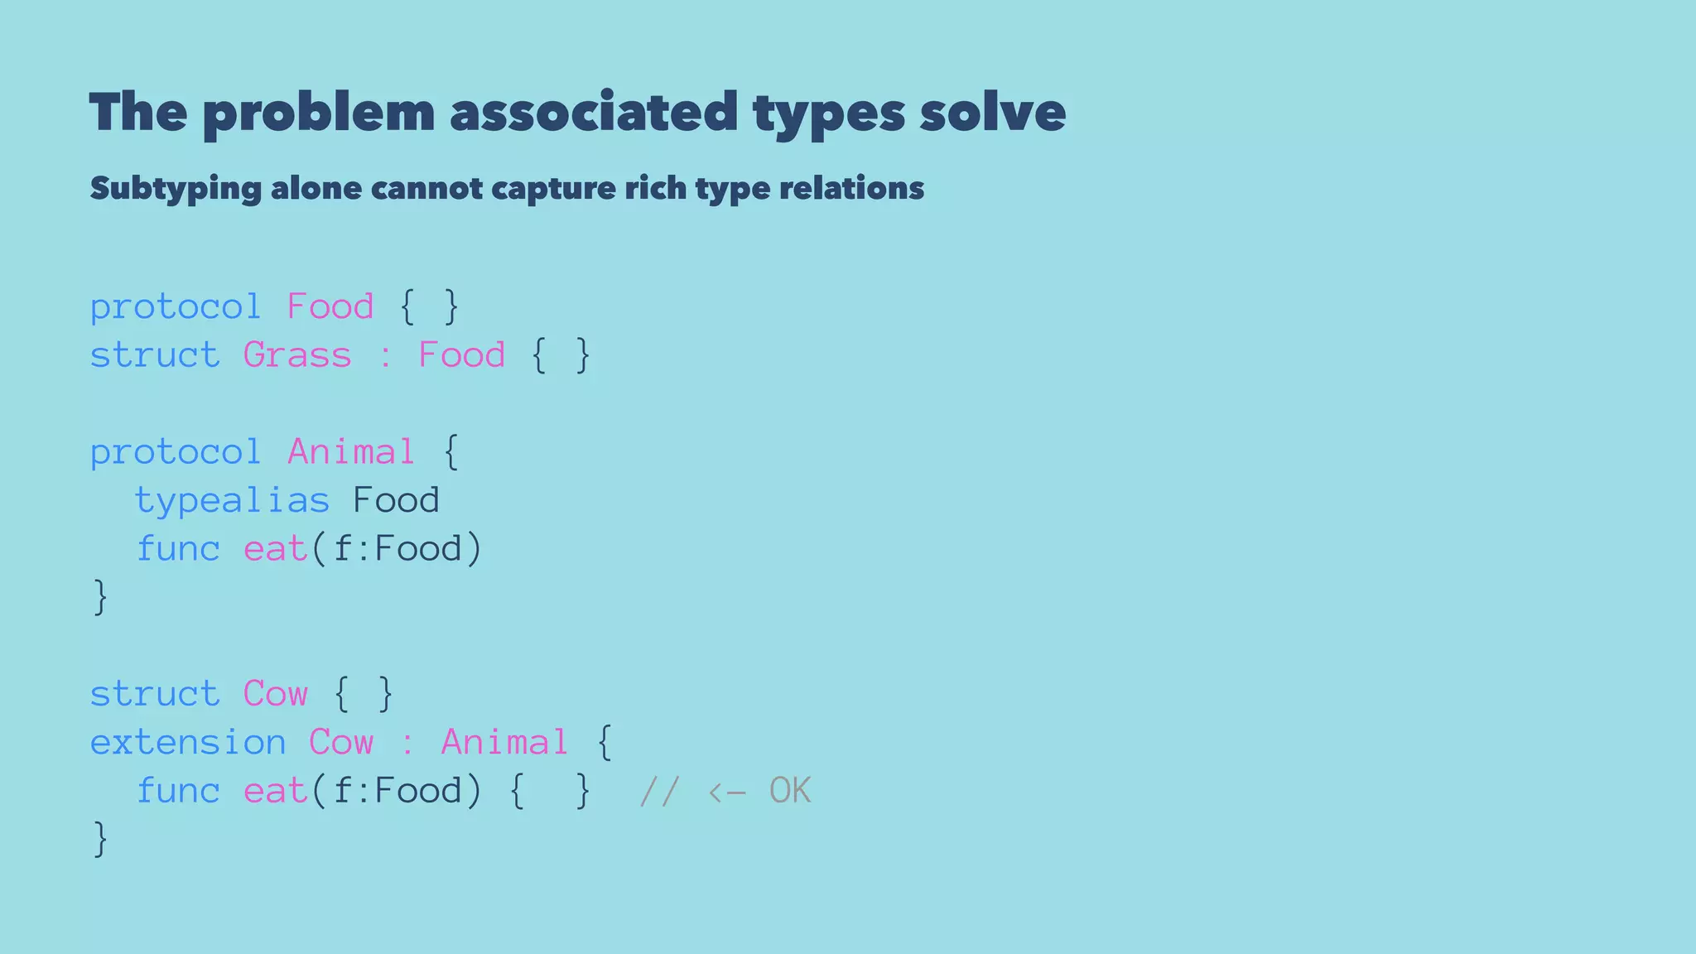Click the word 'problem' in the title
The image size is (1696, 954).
point(319,113)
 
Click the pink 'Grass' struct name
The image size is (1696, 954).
point(297,355)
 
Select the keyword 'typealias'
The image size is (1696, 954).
point(232,500)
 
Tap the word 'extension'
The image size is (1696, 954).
point(188,742)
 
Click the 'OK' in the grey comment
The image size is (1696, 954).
point(790,791)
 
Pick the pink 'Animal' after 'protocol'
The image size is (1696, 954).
point(351,452)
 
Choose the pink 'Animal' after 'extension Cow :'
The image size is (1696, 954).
point(504,742)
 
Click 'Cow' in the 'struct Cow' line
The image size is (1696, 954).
point(275,694)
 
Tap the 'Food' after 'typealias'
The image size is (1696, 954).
point(396,500)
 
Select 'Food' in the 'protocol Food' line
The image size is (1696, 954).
point(330,307)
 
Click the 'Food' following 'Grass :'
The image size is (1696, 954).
point(461,355)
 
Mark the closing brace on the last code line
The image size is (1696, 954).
point(100,839)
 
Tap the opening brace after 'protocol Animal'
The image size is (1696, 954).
point(450,452)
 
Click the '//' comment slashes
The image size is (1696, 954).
point(660,791)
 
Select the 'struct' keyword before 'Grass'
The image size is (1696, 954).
point(155,355)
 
